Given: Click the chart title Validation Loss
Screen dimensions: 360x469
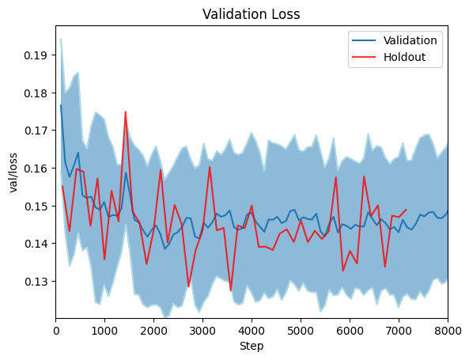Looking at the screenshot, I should [x=252, y=14].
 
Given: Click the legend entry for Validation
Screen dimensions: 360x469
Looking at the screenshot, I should [x=410, y=40].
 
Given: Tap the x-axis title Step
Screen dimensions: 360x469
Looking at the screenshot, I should [x=252, y=346].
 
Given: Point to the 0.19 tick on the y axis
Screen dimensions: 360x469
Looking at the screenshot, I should [x=37, y=55].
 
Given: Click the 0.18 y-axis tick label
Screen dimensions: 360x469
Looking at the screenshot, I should [x=37, y=93].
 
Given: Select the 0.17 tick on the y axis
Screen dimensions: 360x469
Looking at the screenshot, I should [x=37, y=131].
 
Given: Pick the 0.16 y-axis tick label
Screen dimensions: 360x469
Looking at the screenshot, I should [x=37, y=169].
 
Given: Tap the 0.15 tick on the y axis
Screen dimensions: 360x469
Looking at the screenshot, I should [x=37, y=206].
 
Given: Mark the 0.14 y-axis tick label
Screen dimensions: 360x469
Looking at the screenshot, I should [x=37, y=244].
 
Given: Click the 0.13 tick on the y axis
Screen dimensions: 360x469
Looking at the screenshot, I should [x=37, y=281].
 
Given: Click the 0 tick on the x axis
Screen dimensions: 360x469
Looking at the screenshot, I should [x=55, y=328].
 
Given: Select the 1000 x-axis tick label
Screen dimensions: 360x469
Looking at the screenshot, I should [x=104, y=328].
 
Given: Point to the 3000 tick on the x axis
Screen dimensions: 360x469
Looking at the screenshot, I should [x=202, y=328].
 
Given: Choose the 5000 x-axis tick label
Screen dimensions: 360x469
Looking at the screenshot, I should [x=301, y=328].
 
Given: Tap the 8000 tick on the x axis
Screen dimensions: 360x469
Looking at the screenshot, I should [x=448, y=328].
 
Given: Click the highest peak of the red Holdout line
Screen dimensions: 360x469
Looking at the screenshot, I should [x=125, y=112].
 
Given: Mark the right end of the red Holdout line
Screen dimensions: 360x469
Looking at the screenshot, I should [x=407, y=210].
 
